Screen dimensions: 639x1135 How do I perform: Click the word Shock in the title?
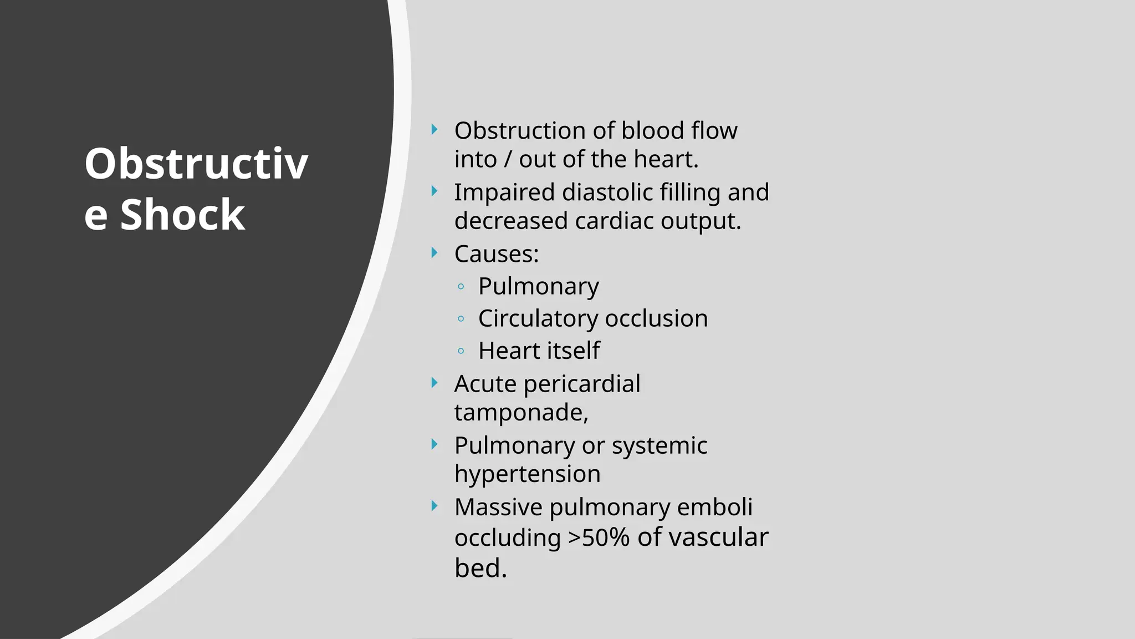pyautogui.click(x=182, y=215)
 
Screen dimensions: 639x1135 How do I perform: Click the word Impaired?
pyautogui.click(x=504, y=192)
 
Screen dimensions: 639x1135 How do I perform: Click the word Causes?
pyautogui.click(x=496, y=254)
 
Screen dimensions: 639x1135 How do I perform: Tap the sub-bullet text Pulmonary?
pyautogui.click(x=538, y=286)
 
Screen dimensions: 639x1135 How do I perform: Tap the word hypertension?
pyautogui.click(x=527, y=474)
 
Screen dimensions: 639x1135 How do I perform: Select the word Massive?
pyautogui.click(x=498, y=507)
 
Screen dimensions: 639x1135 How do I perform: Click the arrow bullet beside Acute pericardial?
pyautogui.click(x=434, y=383)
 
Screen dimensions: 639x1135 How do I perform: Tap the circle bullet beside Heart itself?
pyautogui.click(x=461, y=351)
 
